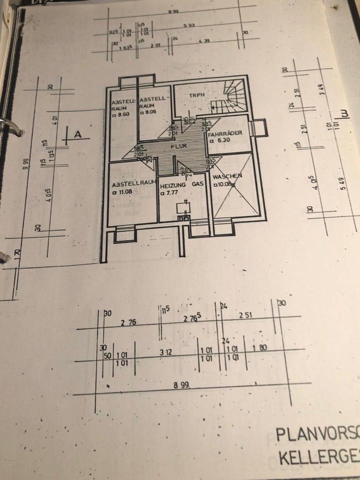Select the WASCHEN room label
point(227,176)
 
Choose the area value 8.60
point(122,114)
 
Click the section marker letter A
point(77,134)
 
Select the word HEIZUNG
point(173,184)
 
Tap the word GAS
point(198,184)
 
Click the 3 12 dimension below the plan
point(165,352)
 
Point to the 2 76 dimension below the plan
point(128,323)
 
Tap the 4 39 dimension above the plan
point(203,40)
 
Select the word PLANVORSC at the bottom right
point(317,434)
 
